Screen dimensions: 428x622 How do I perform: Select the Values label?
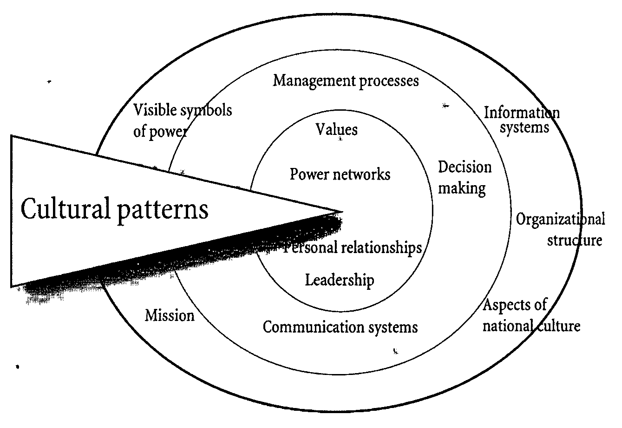[x=337, y=129]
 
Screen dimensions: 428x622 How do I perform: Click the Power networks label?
[x=340, y=174]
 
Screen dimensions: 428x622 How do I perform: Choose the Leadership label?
[x=340, y=280]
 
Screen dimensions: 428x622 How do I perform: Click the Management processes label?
[x=346, y=81]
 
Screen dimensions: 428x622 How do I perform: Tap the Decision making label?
[x=464, y=178]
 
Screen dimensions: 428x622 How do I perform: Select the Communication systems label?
[x=340, y=327]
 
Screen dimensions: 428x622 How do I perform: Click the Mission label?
[x=170, y=315]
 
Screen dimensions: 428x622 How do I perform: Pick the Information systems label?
[x=522, y=120]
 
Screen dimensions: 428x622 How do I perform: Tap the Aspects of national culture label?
[x=530, y=315]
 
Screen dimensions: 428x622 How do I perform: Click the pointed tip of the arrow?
[x=341, y=212]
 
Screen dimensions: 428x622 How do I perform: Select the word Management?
[x=308, y=81]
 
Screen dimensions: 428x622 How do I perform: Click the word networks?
[x=364, y=174]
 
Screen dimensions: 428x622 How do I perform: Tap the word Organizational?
[x=561, y=219]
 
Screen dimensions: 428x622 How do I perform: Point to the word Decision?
[x=465, y=167]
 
